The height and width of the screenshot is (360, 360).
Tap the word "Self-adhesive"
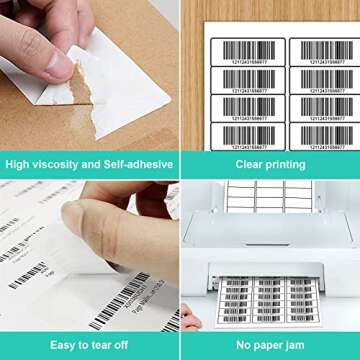coord(138,164)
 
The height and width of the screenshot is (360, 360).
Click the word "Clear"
coord(250,164)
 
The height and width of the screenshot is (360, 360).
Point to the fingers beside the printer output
coord(190,317)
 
